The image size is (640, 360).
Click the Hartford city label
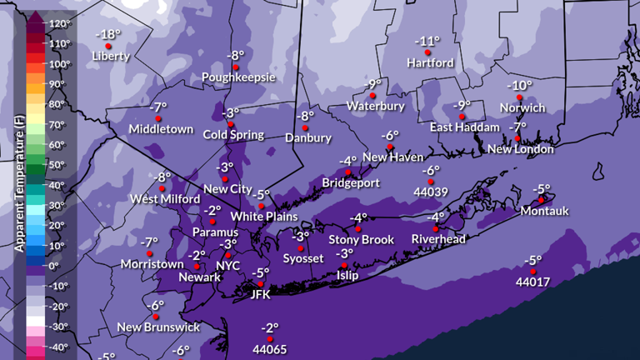[430, 62]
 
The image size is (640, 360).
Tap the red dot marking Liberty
[108, 46]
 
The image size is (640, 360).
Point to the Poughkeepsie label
[238, 77]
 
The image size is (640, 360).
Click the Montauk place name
[544, 211]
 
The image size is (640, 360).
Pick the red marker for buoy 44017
[532, 270]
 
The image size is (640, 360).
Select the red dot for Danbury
[306, 127]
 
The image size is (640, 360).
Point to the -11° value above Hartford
[427, 41]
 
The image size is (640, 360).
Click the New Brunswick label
[158, 327]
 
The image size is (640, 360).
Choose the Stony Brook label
[361, 239]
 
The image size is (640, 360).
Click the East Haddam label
[465, 127]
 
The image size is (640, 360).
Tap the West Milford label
[163, 199]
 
